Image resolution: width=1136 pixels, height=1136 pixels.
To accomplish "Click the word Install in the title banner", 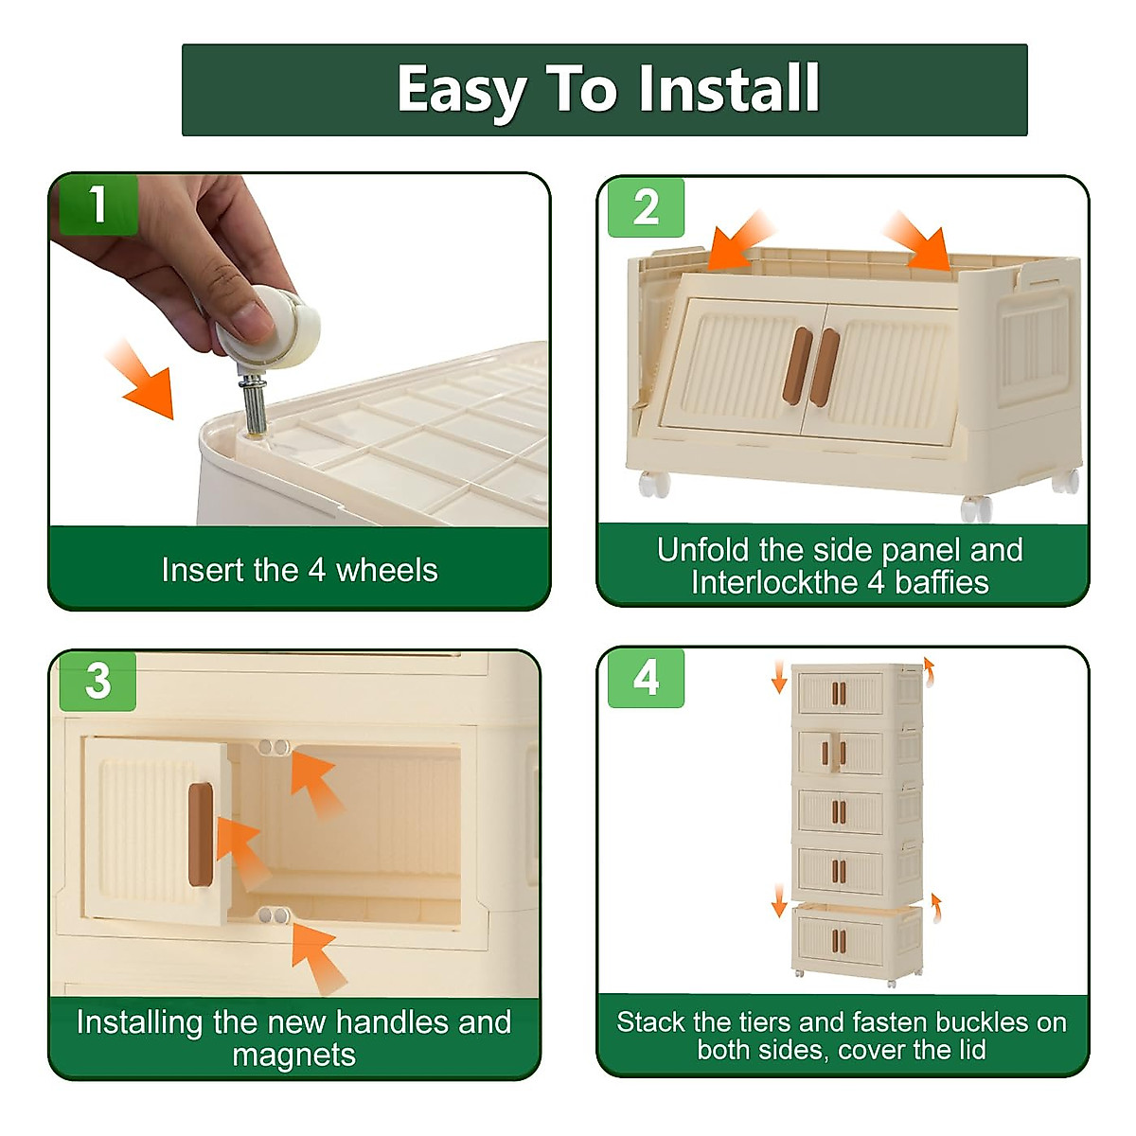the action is (x=729, y=88).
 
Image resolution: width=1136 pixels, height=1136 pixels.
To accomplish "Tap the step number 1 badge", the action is (x=98, y=204).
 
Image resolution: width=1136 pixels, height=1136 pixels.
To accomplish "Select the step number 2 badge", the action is (x=646, y=207).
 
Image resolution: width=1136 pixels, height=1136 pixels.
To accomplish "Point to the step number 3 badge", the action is (x=98, y=681).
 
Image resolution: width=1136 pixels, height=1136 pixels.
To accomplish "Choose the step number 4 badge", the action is (x=646, y=678).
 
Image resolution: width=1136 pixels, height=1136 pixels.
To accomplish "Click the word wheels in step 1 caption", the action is (x=387, y=570).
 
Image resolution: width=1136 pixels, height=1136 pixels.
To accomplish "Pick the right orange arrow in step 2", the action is (x=916, y=241).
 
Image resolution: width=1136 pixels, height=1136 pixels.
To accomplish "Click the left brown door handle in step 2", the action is (x=798, y=366).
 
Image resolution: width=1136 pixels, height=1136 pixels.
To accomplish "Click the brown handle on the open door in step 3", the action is (x=201, y=834).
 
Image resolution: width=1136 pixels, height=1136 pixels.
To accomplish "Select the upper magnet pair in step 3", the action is (x=274, y=748).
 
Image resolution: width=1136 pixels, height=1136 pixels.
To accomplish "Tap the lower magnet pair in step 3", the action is (x=274, y=914).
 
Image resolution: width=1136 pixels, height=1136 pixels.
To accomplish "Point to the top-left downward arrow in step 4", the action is (x=779, y=677).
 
